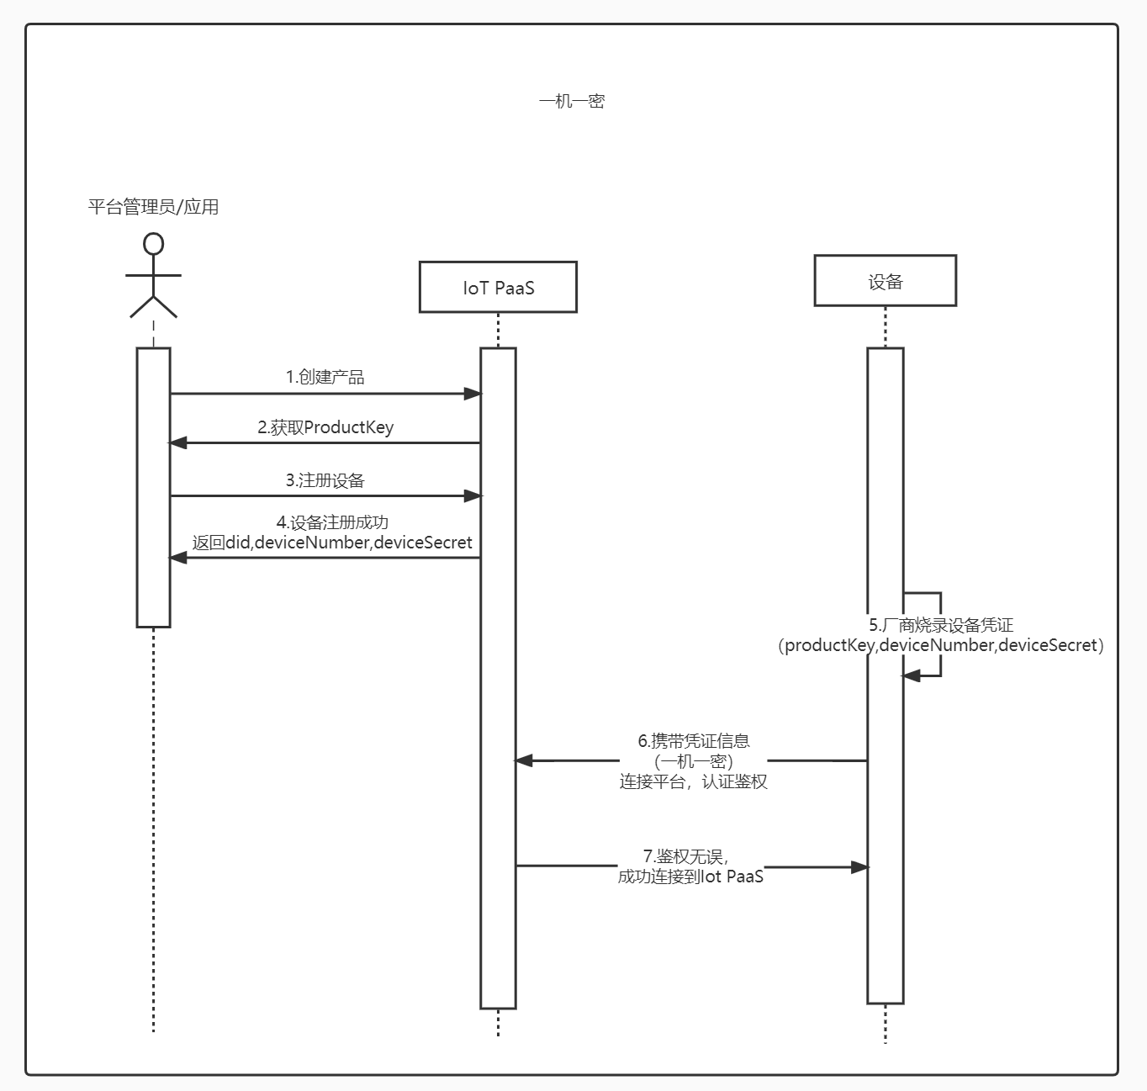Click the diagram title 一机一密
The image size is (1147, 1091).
pyautogui.click(x=572, y=102)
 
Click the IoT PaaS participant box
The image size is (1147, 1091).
pyautogui.click(x=498, y=288)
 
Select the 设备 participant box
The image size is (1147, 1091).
pyautogui.click(x=885, y=281)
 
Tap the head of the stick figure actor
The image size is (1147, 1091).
pyautogui.click(x=153, y=244)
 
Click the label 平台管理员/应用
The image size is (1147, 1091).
pyautogui.click(x=153, y=207)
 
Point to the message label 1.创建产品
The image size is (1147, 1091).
pyautogui.click(x=325, y=377)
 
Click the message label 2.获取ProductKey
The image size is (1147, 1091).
pyautogui.click(x=325, y=427)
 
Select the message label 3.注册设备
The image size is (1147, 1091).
pyautogui.click(x=325, y=480)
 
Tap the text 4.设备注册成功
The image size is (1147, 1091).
pyautogui.click(x=332, y=522)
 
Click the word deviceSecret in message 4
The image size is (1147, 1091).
pyautogui.click(x=423, y=543)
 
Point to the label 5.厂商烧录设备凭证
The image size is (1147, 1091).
pyautogui.click(x=940, y=625)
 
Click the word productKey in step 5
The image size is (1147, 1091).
pyautogui.click(x=829, y=645)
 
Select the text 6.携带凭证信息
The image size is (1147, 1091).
pyautogui.click(x=694, y=741)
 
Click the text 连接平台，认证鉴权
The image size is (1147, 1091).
pyautogui.click(x=694, y=781)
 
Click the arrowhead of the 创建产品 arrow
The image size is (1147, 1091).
pyautogui.click(x=473, y=393)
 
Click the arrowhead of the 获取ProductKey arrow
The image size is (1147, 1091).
pyautogui.click(x=178, y=442)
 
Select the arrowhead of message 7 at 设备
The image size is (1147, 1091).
pyautogui.click(x=859, y=866)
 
